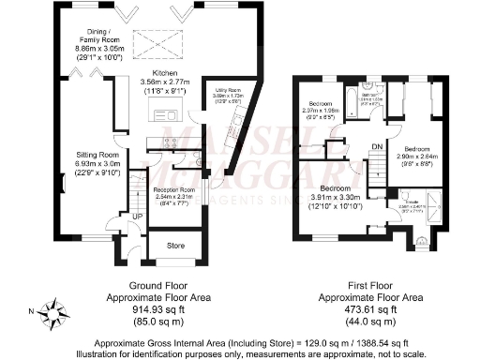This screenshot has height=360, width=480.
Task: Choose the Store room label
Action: pos(175,247)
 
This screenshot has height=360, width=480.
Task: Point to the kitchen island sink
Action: pos(169,114)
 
